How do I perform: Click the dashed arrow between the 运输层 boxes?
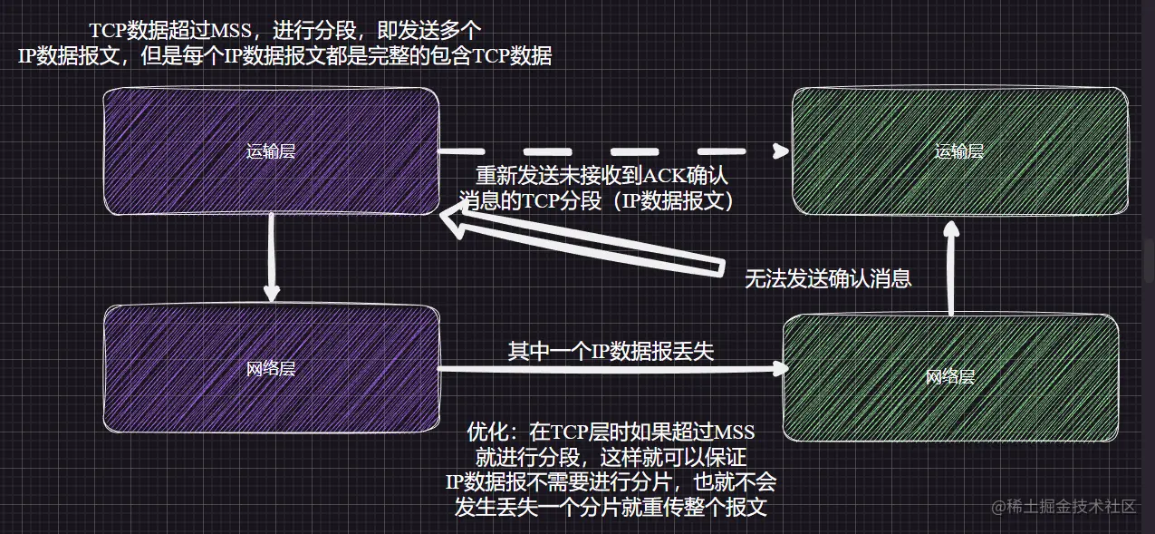[x=607, y=150]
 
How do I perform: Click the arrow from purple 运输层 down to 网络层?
[x=271, y=258]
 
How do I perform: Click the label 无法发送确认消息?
[x=827, y=279]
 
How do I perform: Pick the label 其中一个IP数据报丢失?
[x=611, y=351]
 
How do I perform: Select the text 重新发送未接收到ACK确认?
[x=602, y=176]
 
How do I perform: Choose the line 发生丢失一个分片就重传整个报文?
[x=611, y=506]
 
